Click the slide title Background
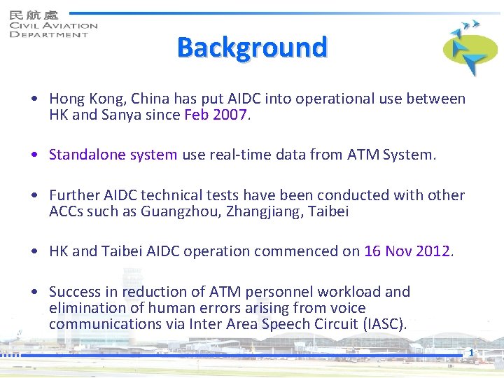[252, 48]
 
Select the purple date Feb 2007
[216, 115]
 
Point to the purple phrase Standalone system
[113, 155]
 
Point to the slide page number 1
[472, 352]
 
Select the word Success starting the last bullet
[75, 292]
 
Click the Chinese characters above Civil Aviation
[34, 14]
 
